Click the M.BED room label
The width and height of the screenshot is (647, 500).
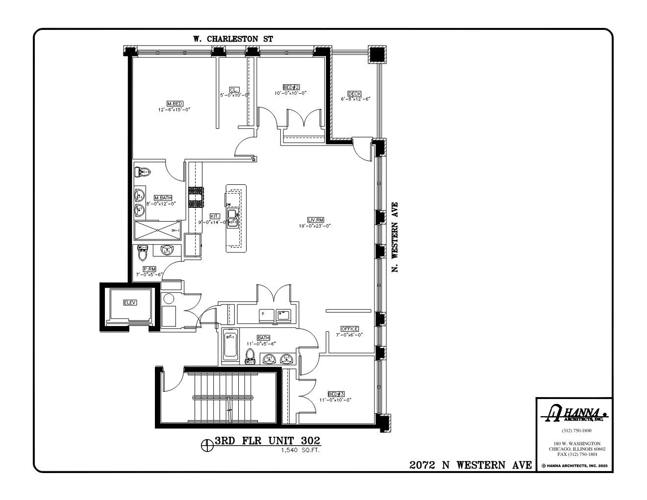pyautogui.click(x=175, y=104)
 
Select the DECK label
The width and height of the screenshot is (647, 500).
pyautogui.click(x=354, y=94)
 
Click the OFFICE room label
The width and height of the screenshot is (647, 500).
pyautogui.click(x=349, y=329)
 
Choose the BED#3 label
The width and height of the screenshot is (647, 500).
pyautogui.click(x=333, y=394)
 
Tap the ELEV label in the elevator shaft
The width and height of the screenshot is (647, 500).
pyautogui.click(x=129, y=303)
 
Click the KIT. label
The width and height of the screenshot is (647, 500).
pyautogui.click(x=215, y=216)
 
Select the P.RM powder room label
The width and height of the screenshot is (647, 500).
pyautogui.click(x=149, y=269)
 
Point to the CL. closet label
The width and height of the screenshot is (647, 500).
pyautogui.click(x=234, y=89)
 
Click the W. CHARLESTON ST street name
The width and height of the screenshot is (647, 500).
pyautogui.click(x=232, y=39)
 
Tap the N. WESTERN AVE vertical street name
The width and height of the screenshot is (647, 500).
pyautogui.click(x=394, y=237)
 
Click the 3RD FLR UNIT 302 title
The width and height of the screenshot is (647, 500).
pyautogui.click(x=268, y=441)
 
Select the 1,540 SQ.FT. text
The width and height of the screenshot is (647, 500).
pyautogui.click(x=300, y=450)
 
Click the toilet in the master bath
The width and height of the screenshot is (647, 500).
pyautogui.click(x=142, y=172)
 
